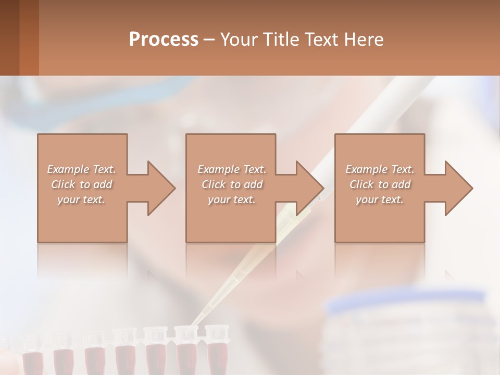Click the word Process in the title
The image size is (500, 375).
[164, 40]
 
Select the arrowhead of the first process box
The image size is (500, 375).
[161, 188]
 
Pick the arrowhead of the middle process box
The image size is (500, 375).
[310, 188]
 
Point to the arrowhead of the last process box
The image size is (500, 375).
[459, 188]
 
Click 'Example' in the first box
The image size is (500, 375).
[68, 169]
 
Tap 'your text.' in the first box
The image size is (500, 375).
[81, 199]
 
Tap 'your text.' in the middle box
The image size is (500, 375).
[231, 199]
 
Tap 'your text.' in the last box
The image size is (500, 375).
[380, 199]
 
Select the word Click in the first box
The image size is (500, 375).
[62, 184]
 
